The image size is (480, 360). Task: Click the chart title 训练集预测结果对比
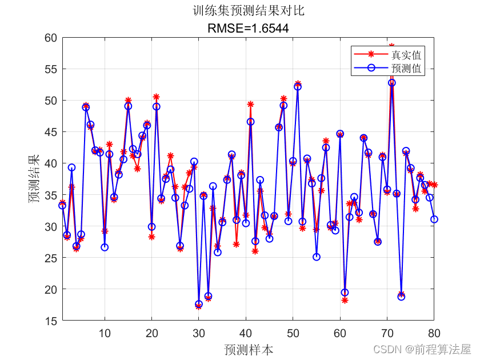pos(248,11)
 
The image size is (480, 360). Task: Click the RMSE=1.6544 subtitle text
pos(248,27)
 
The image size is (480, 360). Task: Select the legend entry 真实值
pos(406,55)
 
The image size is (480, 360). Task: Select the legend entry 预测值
pos(406,68)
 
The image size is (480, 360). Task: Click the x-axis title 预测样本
pos(248,349)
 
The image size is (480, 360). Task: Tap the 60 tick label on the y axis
pos(50,38)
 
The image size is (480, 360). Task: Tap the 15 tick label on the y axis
pos(50,321)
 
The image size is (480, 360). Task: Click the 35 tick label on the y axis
pos(50,195)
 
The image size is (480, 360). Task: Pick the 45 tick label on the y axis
pos(50,132)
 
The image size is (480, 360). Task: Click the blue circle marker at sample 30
pos(199,305)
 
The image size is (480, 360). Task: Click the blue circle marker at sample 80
pos(434,219)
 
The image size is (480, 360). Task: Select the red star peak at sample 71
pos(391,46)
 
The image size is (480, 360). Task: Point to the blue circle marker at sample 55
pos(317,257)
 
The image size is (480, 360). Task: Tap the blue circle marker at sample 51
pos(298,87)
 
